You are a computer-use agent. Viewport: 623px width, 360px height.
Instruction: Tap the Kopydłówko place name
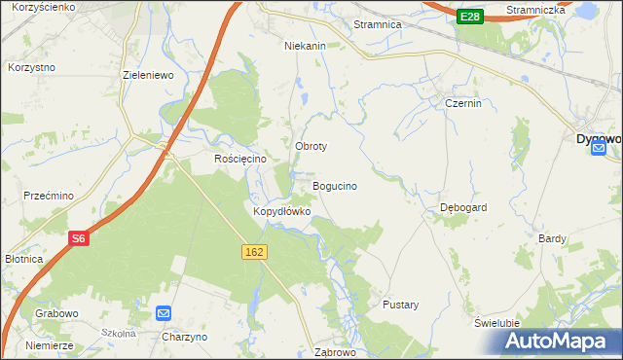[281, 211]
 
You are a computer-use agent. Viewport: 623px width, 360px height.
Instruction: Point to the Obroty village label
[311, 146]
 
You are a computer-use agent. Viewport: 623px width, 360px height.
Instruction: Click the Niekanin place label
[305, 46]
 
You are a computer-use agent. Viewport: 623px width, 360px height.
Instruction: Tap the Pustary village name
[400, 305]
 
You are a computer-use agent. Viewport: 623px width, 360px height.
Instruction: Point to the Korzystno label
[31, 67]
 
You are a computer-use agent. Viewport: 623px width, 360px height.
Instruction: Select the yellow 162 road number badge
[254, 252]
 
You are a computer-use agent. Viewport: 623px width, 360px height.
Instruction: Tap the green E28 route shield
[471, 17]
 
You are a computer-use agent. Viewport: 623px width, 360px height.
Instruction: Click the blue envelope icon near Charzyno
[164, 313]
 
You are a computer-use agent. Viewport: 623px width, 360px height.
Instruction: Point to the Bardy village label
[552, 237]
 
